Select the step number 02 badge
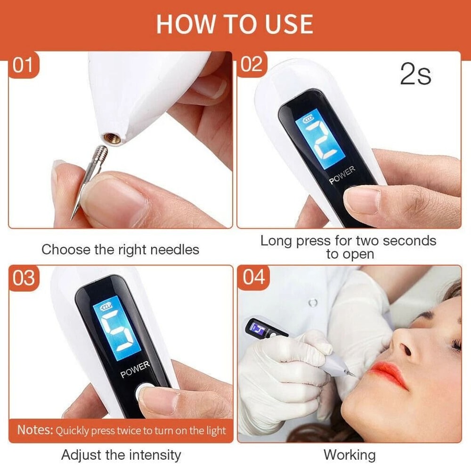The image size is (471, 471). coord(252,64)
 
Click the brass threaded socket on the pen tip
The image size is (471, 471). coord(111,138)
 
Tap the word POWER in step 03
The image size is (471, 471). coord(135,370)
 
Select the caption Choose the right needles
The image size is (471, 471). coord(120,250)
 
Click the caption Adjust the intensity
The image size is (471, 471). coord(121,455)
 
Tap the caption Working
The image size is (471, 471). coord(349,455)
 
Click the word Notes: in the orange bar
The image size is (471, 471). coord(35,430)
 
